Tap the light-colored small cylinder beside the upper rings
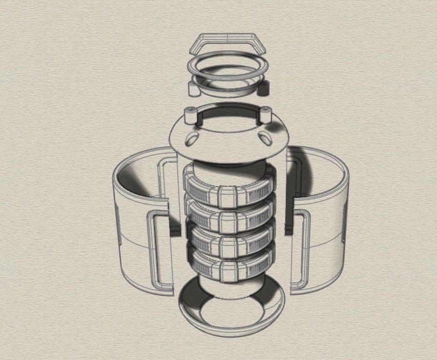tap(194, 88)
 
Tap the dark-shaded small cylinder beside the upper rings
tap(263, 88)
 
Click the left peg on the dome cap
tap(189, 116)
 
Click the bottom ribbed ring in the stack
tap(228, 266)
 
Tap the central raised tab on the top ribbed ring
tap(228, 196)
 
